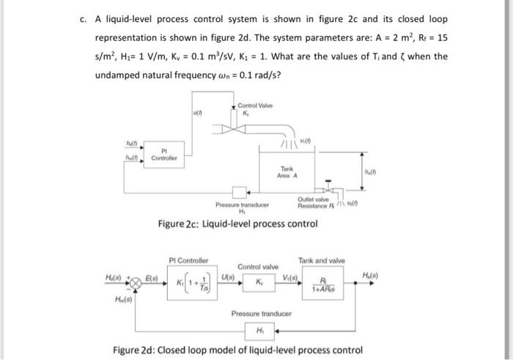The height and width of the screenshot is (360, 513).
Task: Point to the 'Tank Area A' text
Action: click(x=287, y=172)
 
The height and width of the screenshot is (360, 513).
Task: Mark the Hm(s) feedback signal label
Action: click(x=125, y=299)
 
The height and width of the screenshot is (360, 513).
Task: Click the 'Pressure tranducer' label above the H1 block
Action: click(x=260, y=313)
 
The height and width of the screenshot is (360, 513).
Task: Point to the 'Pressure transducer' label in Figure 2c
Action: click(x=243, y=206)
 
